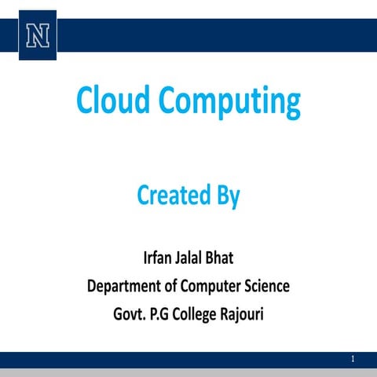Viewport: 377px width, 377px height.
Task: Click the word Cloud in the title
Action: pos(112,101)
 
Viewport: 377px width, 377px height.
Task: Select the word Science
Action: pos(265,286)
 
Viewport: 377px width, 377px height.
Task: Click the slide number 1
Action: pos(354,358)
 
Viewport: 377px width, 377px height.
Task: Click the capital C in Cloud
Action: pos(84,101)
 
